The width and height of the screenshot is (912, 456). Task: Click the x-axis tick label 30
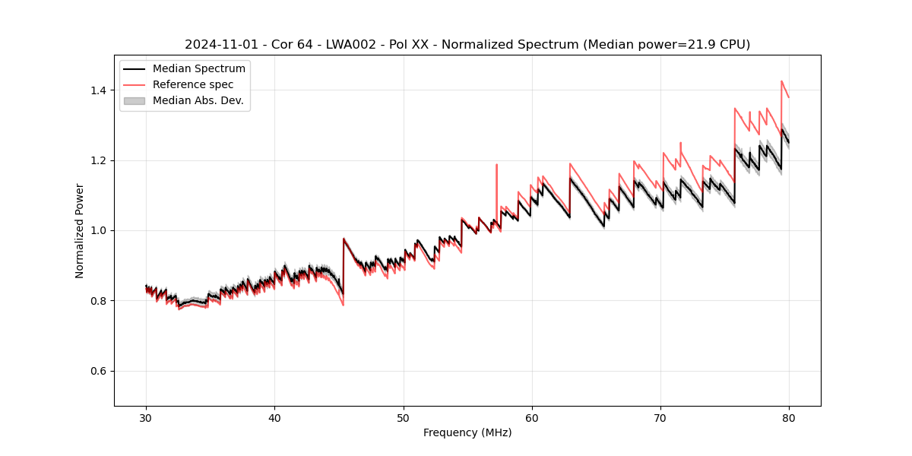(146, 417)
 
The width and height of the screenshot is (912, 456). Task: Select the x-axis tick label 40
(274, 417)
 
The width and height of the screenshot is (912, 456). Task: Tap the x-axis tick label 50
(403, 417)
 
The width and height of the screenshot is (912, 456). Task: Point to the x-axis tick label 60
(532, 417)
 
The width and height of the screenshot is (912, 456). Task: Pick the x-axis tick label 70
(660, 417)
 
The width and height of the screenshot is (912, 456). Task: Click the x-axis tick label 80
(789, 417)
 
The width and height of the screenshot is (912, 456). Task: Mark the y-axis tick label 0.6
(98, 371)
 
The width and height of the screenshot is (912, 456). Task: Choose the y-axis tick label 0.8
(98, 301)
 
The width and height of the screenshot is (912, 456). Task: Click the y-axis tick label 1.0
(98, 230)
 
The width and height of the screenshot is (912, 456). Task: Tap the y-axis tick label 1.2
(98, 160)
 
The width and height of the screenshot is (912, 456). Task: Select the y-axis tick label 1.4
(98, 90)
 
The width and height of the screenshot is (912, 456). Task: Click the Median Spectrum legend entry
(198, 69)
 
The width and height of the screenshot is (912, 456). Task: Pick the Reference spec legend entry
(193, 84)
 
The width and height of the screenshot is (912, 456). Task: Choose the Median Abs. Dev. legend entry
(198, 100)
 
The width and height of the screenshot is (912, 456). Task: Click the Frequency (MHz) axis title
(467, 432)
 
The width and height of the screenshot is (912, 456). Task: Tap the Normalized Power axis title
(79, 230)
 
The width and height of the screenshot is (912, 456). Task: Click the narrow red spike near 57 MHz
(496, 165)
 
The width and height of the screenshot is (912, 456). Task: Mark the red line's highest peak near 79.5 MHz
(781, 81)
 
